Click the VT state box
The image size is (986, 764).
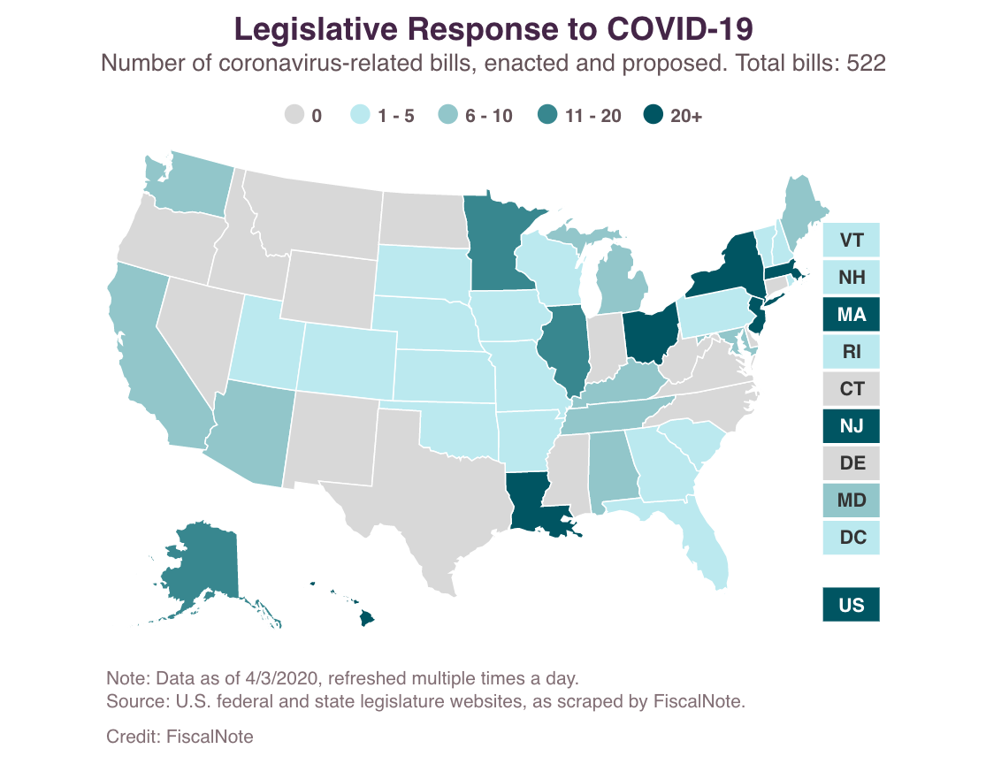851,240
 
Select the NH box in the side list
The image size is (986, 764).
851,277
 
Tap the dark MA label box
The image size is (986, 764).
851,314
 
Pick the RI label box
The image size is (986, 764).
851,351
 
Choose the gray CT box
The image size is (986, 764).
851,388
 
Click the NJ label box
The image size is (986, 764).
851,426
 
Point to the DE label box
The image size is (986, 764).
851,462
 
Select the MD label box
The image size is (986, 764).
851,500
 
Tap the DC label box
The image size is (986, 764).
851,537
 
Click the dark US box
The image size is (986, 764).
851,605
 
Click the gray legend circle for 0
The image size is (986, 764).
294,115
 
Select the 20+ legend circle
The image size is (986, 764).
653,115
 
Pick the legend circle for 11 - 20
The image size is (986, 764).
547,115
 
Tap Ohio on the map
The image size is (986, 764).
650,333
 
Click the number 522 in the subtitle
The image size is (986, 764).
866,63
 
